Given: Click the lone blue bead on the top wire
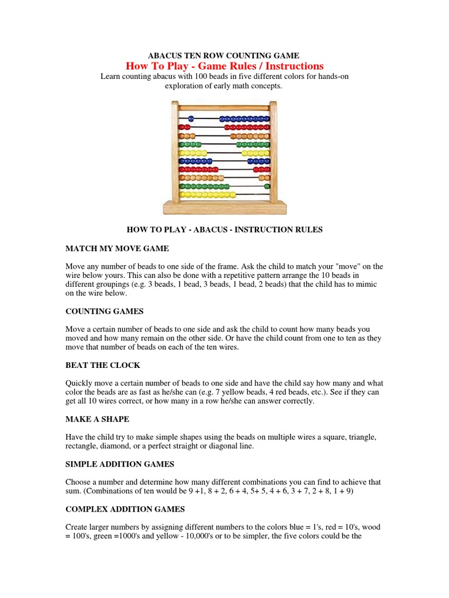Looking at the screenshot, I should [x=191, y=119].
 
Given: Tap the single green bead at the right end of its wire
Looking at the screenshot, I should [x=268, y=186].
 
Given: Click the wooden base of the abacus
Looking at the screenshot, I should [x=224, y=208].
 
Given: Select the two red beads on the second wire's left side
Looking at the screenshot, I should [x=184, y=127].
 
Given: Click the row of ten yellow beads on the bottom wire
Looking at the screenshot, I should [x=208, y=194].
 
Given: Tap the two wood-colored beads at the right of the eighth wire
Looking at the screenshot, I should [x=264, y=178].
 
